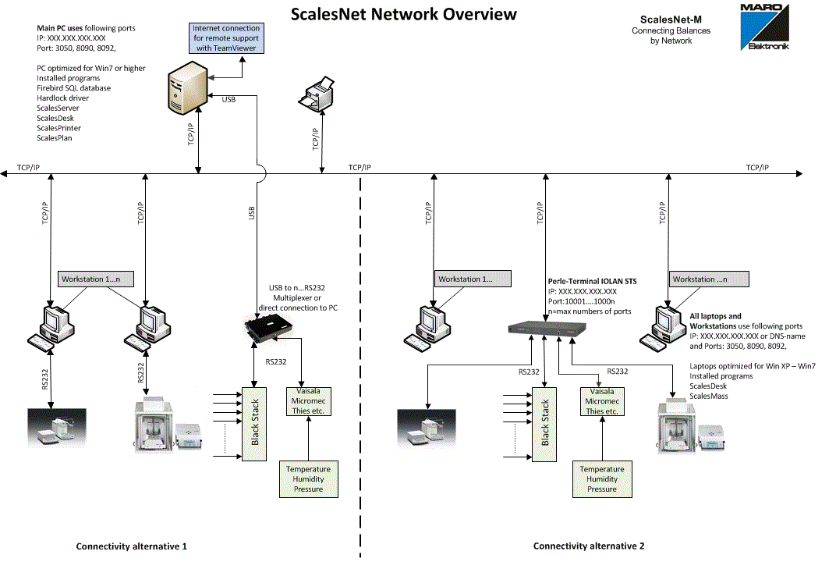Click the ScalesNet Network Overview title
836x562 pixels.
pyautogui.click(x=403, y=14)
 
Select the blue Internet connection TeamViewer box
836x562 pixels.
pyautogui.click(x=225, y=38)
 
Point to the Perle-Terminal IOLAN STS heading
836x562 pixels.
pyautogui.click(x=592, y=281)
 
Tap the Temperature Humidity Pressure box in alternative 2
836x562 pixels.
pyautogui.click(x=602, y=478)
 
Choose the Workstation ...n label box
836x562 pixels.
pyautogui.click(x=709, y=279)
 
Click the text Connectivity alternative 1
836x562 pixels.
pyautogui.click(x=131, y=546)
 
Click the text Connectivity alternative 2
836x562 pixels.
pyautogui.click(x=588, y=546)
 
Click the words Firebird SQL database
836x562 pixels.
pyautogui.click(x=73, y=88)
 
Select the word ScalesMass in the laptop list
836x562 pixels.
pyautogui.click(x=708, y=396)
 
